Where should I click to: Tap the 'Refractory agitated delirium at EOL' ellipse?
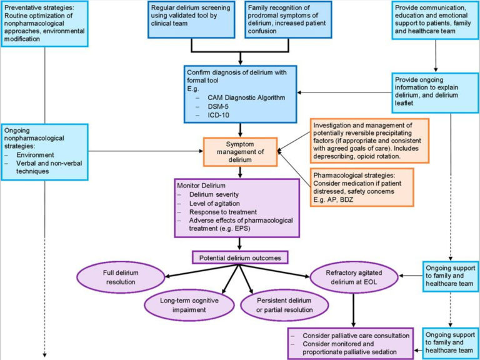(353, 279)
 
